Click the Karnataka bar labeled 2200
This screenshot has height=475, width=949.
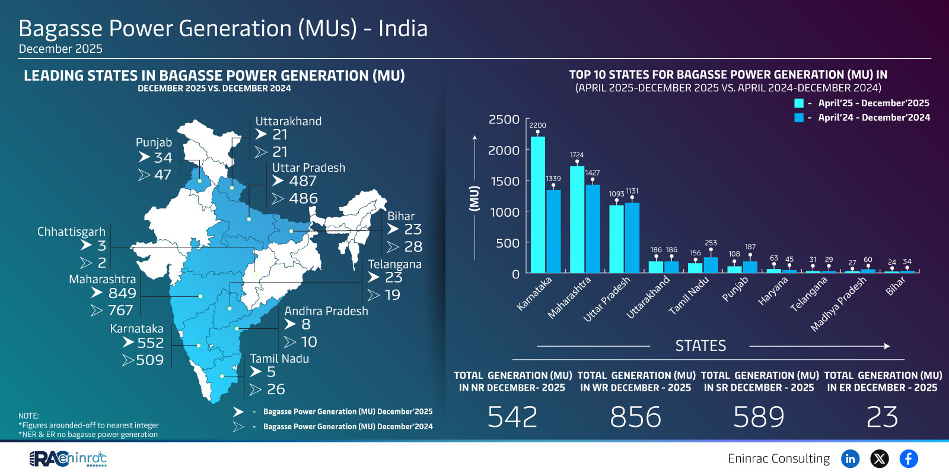[x=537, y=205]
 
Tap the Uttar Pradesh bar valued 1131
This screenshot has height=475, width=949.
[x=632, y=237]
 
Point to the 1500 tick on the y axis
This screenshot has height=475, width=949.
[x=505, y=181]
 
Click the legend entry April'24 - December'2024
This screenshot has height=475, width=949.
[x=873, y=118]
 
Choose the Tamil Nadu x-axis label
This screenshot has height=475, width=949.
[x=689, y=296]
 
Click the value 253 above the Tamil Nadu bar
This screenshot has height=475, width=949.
[x=711, y=243]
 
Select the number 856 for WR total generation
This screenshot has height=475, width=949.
[x=635, y=417]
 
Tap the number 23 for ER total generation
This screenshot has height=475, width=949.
[x=882, y=417]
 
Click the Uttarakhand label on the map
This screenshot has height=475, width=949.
[x=288, y=121]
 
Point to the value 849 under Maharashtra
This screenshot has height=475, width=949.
[x=122, y=293]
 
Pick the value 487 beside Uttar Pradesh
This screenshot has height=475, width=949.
[x=302, y=181]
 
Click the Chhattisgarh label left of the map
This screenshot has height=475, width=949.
[x=71, y=232]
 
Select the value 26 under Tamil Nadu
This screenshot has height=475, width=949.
[x=276, y=389]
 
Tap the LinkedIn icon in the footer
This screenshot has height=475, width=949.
[x=850, y=458]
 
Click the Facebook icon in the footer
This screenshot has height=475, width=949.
[x=908, y=458]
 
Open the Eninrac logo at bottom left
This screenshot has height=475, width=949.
[x=68, y=458]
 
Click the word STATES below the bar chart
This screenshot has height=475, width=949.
[x=700, y=346]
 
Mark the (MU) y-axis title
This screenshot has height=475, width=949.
[x=474, y=198]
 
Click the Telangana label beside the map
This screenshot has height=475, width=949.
[x=394, y=264]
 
